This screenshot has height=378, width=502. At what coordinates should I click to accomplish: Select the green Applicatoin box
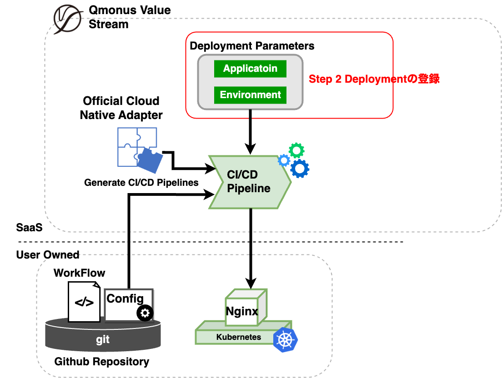(250, 69)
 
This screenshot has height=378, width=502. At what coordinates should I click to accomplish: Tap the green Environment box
(250, 95)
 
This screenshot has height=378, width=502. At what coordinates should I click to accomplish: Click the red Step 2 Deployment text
(374, 79)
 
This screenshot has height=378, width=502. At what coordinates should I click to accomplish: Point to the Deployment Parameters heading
(252, 46)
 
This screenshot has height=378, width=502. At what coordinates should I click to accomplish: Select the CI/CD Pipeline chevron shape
(249, 182)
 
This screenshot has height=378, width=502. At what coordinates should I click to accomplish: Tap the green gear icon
(297, 150)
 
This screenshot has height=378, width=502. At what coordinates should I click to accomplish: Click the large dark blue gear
(300, 169)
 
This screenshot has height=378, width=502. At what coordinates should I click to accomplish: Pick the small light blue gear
(284, 160)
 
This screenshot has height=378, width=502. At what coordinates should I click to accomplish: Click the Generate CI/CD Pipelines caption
(141, 183)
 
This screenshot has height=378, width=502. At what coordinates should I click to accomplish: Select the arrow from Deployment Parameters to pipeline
(250, 132)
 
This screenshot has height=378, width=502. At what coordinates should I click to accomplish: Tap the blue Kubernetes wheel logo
(285, 339)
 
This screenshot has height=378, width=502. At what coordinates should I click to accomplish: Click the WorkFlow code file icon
(84, 301)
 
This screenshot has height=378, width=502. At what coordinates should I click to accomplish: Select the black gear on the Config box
(145, 313)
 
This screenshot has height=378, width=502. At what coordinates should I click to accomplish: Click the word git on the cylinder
(103, 339)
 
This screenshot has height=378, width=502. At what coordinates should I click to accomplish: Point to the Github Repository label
(102, 362)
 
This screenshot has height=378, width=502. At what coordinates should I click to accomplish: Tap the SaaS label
(30, 228)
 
